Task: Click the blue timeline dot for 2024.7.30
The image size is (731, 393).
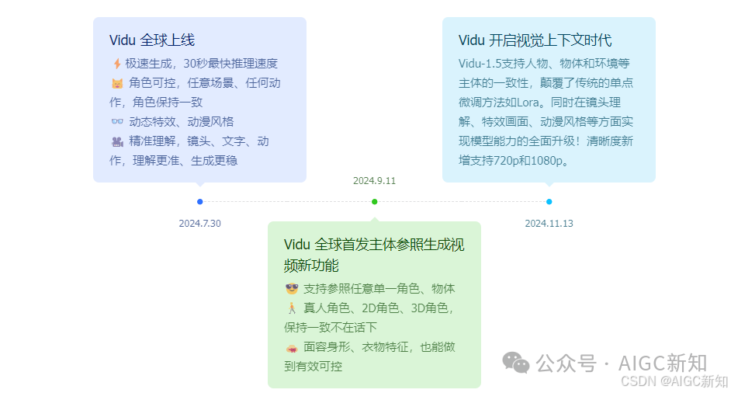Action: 200,202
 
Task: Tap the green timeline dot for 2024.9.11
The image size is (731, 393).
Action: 375,202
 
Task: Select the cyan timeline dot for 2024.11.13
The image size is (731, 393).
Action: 549,202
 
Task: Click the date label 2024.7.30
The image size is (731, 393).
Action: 200,224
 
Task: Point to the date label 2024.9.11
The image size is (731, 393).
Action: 375,181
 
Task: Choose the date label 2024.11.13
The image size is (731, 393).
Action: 549,224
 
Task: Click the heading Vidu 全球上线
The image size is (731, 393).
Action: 152,40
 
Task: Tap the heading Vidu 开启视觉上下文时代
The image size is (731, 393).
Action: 535,40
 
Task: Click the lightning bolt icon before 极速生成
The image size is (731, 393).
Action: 116,64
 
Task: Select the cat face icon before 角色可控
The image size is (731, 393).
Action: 117,83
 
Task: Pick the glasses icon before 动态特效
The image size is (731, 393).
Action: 117,122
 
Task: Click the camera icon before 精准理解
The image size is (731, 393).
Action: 117,141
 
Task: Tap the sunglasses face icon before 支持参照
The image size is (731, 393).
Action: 292,289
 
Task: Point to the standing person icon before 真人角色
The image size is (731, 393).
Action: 292,308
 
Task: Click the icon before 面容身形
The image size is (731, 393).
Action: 292,347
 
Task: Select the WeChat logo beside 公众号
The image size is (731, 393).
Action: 516,362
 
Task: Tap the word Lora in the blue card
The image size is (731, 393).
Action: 529,103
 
